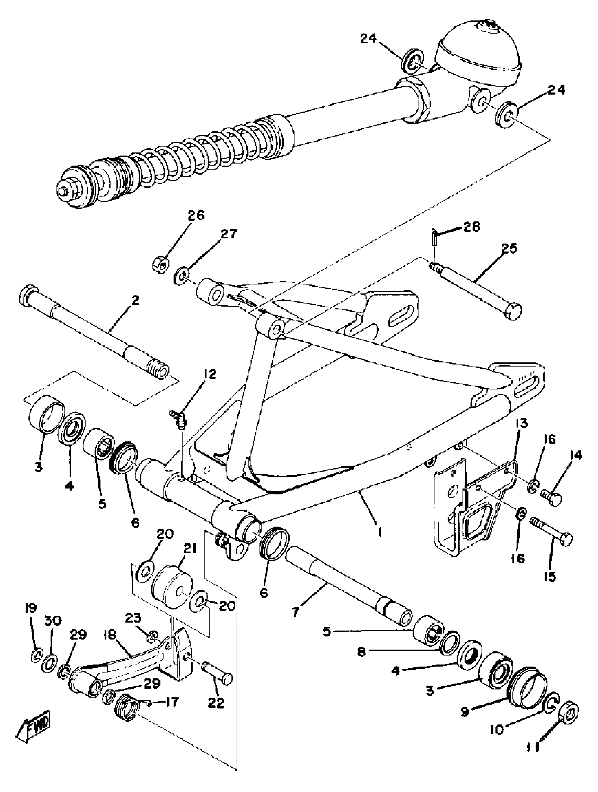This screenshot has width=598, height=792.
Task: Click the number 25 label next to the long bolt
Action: click(x=510, y=248)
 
